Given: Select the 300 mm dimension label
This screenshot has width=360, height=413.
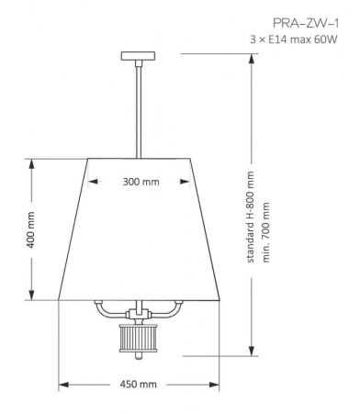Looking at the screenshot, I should click(141, 182).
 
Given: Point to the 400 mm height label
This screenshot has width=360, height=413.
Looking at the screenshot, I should click(30, 231).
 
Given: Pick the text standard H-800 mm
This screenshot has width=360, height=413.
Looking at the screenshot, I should click(251, 218).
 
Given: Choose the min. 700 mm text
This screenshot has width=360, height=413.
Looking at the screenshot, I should click(266, 229).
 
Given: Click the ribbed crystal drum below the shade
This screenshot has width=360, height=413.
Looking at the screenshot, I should click(140, 339).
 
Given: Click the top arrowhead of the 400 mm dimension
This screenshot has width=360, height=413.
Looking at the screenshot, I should click(32, 162).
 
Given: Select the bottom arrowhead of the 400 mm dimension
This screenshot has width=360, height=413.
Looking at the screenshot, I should click(32, 298).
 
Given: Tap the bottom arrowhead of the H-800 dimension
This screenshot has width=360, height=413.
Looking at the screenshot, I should click(252, 352).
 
